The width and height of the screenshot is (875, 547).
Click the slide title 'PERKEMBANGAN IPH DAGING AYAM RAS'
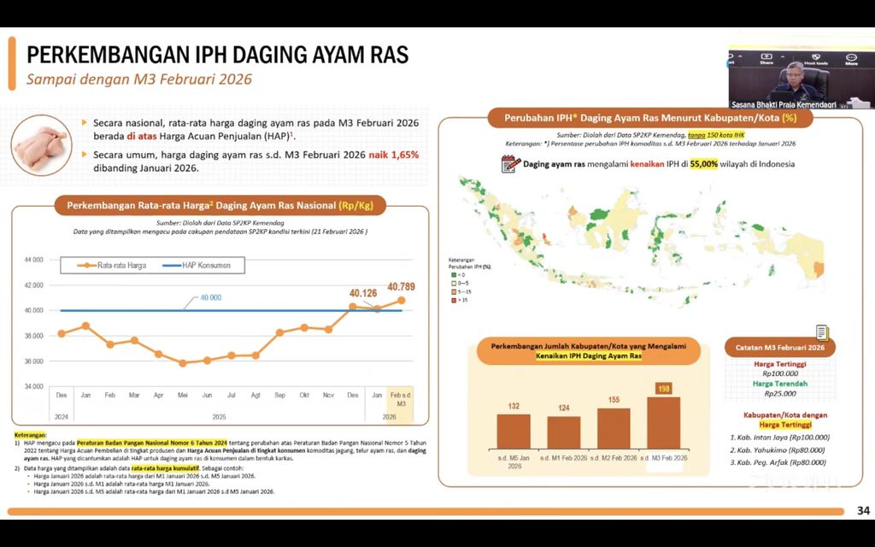click(x=218, y=56)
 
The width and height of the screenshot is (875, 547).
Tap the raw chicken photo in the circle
click(x=42, y=145)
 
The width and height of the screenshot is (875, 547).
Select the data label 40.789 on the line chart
click(x=401, y=286)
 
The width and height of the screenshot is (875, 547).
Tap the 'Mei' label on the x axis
click(x=182, y=395)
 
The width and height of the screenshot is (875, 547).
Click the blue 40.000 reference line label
click(x=210, y=297)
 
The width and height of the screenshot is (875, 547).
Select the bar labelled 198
click(x=664, y=423)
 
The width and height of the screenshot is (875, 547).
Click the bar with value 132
click(x=514, y=432)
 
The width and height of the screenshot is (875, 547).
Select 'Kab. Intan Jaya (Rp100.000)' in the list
click(x=779, y=438)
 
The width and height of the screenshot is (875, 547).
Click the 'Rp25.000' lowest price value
click(x=779, y=393)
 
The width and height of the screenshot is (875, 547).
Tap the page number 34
click(x=862, y=511)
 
